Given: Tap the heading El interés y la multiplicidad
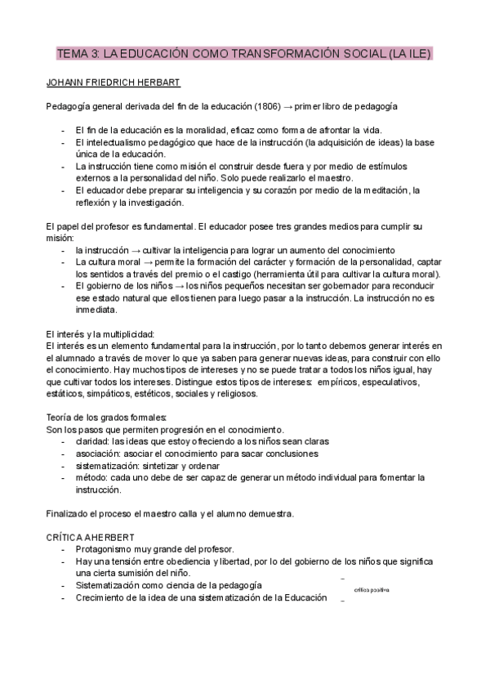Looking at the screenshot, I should coord(105,334).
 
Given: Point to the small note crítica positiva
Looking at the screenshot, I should coord(372,589).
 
